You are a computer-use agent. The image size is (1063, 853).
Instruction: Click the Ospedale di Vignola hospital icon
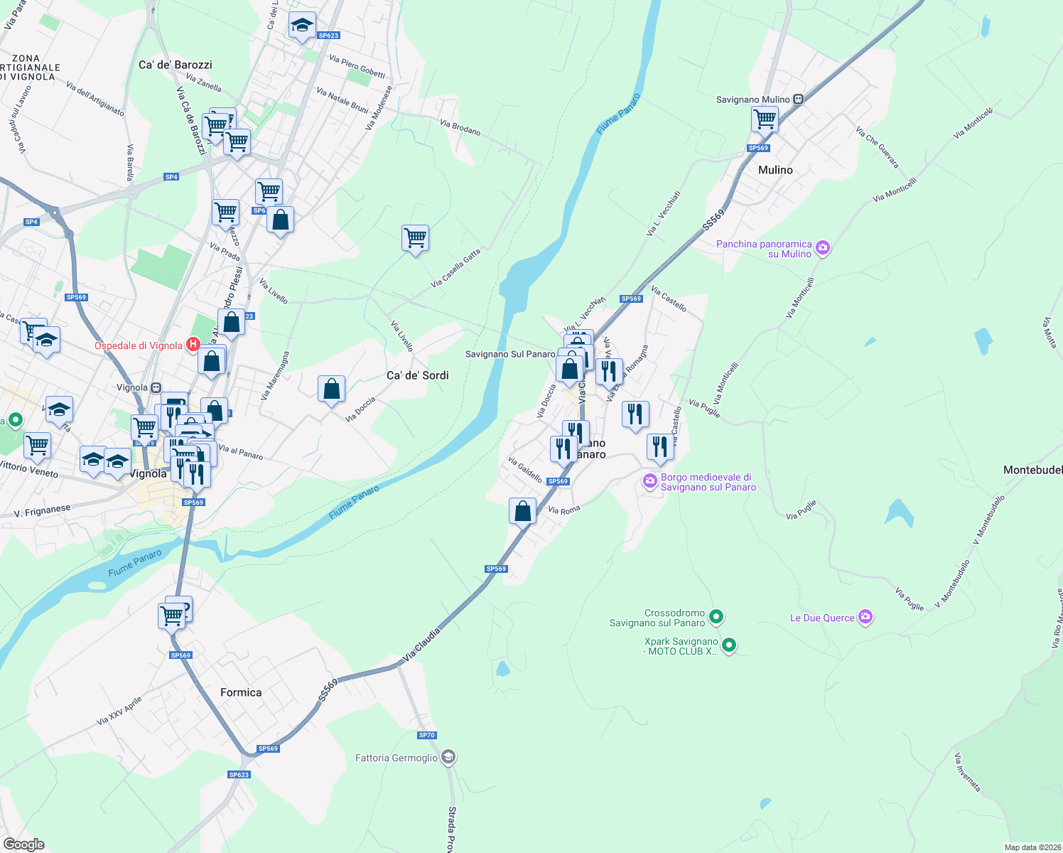coord(193,345)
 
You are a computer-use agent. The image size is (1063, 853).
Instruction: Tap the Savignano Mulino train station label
coord(752,100)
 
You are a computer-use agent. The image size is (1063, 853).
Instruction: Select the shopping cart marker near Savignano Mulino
coord(765,119)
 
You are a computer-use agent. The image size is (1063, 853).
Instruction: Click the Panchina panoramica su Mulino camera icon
coord(823,248)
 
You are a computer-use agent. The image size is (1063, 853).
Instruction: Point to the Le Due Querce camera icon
coord(865,617)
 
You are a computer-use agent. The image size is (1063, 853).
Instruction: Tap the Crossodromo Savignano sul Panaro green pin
coord(716,617)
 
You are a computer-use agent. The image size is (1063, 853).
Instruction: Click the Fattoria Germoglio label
coord(396,758)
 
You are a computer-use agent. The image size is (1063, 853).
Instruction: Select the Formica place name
coord(241,692)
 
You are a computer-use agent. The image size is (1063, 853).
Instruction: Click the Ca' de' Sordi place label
coord(418,375)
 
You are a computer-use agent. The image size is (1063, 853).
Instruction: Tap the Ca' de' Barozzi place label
coord(176,65)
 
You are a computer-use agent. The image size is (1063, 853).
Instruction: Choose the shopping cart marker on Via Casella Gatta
coord(415,238)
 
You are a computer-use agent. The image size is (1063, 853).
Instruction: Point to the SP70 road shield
coord(426,735)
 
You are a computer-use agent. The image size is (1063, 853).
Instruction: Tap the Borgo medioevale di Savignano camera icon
coord(649,481)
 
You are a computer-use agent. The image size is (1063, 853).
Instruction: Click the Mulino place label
coord(775,170)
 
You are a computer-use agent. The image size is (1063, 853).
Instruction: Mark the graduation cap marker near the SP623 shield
coord(302,26)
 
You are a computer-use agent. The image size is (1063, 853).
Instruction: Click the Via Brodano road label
coord(460,127)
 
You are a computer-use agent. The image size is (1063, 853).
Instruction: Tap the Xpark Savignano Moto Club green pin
coord(729,645)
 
